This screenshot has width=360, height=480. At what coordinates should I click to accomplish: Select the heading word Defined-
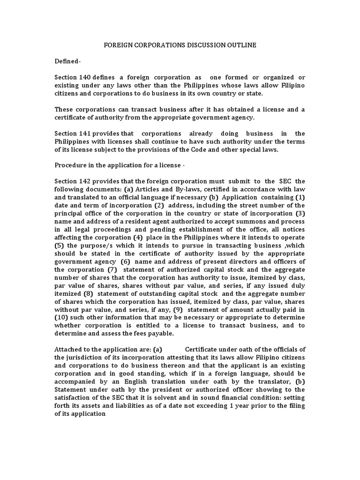(67, 61)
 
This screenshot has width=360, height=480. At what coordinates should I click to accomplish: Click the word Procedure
(70, 165)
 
